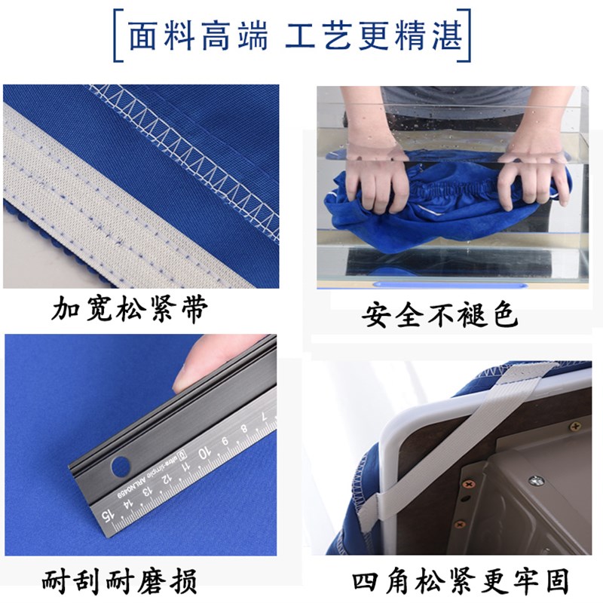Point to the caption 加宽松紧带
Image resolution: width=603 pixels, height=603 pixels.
click(x=129, y=309)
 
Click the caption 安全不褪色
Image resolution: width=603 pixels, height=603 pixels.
click(x=440, y=314)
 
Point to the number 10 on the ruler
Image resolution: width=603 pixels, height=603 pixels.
click(x=203, y=455)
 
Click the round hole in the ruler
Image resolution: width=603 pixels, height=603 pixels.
click(x=121, y=467)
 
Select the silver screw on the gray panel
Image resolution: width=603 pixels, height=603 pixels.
click(x=536, y=480)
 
